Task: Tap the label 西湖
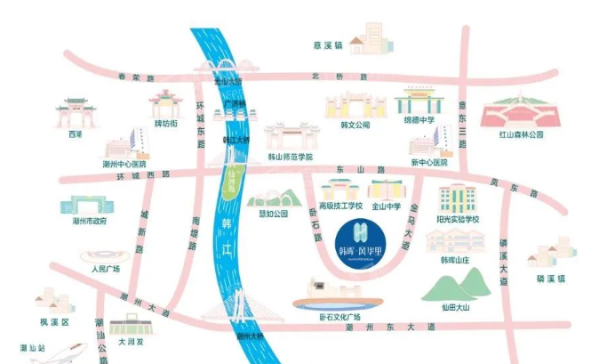(x=75, y=134)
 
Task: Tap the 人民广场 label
(x=105, y=268)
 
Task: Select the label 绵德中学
(x=419, y=119)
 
